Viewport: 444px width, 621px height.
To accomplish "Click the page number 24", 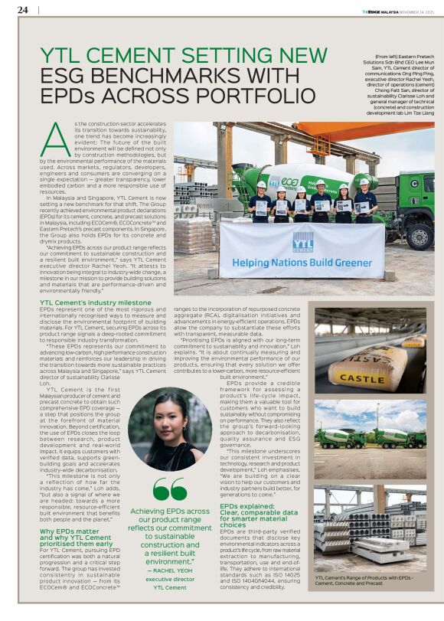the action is tap(23, 10).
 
